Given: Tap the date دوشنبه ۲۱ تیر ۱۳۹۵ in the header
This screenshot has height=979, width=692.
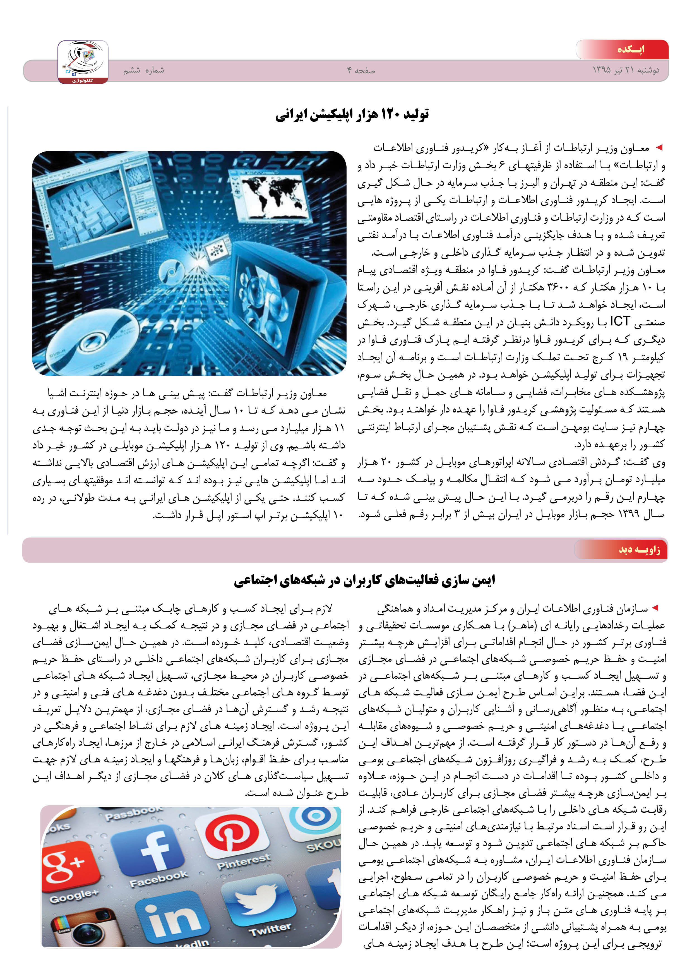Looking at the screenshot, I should click(626, 70).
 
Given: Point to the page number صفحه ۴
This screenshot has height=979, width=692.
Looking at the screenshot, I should click(361, 70).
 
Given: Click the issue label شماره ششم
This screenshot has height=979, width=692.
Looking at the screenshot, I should click(144, 70).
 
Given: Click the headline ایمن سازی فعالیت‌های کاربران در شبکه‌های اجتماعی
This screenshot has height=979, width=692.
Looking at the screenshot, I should click(364, 580).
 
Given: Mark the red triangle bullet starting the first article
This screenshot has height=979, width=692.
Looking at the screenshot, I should click(659, 148).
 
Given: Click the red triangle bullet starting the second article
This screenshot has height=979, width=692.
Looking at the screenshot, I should click(655, 608).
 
